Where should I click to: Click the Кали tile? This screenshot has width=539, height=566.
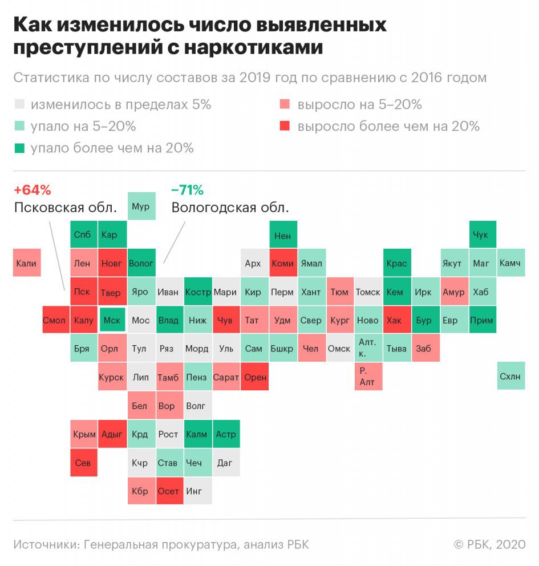coord(27,263)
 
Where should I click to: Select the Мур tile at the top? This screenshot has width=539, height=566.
coord(140,207)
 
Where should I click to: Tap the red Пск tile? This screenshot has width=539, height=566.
coord(83,292)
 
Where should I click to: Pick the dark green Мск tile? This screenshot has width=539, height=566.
coord(112,320)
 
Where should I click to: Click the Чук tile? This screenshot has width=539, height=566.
coord(482,235)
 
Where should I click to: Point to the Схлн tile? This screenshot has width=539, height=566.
coord(510,377)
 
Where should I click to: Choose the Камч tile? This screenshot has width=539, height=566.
coord(510,263)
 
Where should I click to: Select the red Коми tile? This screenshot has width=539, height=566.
coord(283,263)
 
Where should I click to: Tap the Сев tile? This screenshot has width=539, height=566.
coord(83,463)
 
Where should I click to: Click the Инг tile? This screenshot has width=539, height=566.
coord(197,491)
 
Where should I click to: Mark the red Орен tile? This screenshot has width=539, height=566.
coord(254,377)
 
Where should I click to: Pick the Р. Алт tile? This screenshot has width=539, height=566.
coord(368,377)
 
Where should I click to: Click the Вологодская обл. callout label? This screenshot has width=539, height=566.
coord(230,208)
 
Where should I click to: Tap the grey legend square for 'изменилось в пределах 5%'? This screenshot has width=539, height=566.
coord(20,104)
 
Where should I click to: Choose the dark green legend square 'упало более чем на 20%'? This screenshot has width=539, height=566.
coord(20,148)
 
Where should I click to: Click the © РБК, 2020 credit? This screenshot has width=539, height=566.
coord(489,544)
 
